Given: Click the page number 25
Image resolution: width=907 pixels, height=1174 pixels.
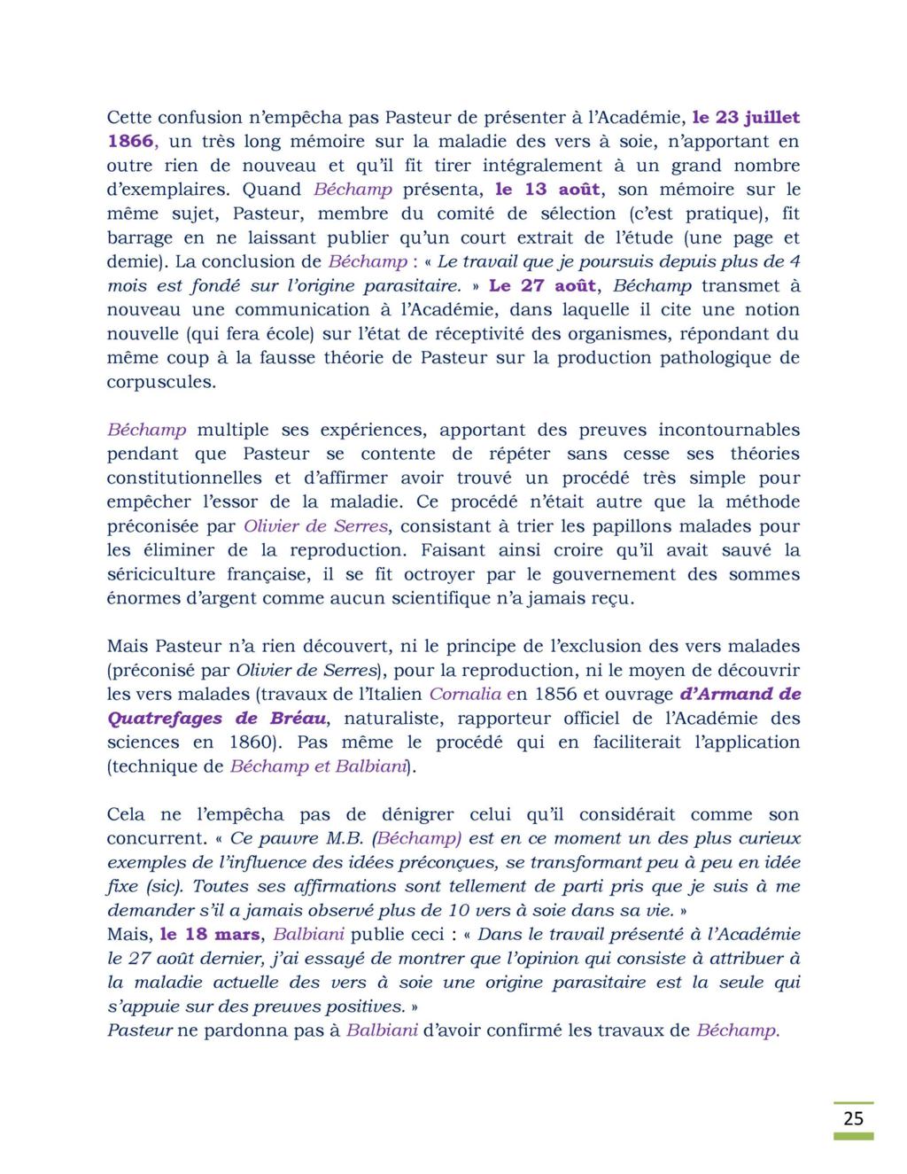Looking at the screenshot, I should click(853, 1117).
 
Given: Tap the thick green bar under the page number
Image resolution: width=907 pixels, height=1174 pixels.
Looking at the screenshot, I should click(853, 1136).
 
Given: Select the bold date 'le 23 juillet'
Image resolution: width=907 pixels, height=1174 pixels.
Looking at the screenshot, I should click(746, 117).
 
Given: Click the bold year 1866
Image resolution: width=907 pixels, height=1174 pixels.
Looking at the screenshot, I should click(131, 141).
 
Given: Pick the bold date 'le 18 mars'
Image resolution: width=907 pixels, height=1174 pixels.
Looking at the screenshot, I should click(210, 934).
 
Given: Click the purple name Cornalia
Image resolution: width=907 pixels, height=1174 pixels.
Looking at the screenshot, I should click(465, 694).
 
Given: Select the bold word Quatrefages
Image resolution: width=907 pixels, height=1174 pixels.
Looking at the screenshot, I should click(166, 718).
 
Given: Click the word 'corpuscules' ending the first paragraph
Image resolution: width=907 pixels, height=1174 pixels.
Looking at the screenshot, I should click(160, 382).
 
